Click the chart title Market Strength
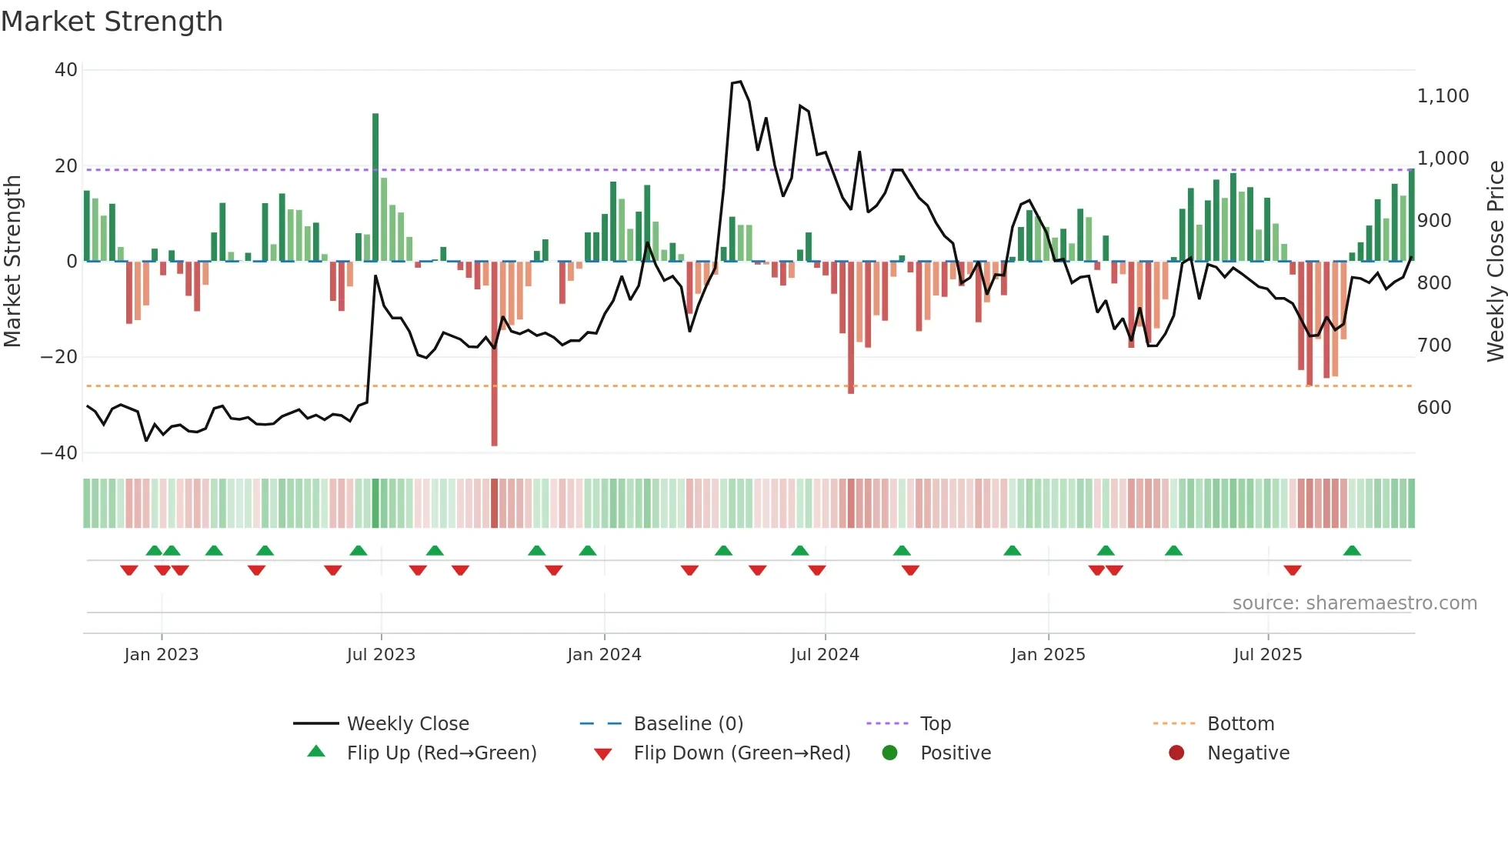click(x=112, y=22)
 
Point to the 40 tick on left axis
click(x=66, y=70)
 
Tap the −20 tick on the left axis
click(x=59, y=357)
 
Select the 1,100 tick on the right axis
click(x=1443, y=96)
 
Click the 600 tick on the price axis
click(x=1434, y=408)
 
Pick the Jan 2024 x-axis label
click(x=604, y=655)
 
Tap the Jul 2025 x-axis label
click(x=1267, y=655)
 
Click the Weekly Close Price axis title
click(x=1495, y=262)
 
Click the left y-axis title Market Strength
click(x=12, y=262)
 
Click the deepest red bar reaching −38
click(x=494, y=354)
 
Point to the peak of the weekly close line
click(x=739, y=82)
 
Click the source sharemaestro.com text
click(x=1354, y=603)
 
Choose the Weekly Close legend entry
click(x=407, y=724)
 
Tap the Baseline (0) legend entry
click(x=688, y=724)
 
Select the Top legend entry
click(x=935, y=724)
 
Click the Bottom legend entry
click(x=1240, y=724)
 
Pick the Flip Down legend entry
click(x=741, y=753)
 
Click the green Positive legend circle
click(x=890, y=753)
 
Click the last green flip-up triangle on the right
click(x=1352, y=551)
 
